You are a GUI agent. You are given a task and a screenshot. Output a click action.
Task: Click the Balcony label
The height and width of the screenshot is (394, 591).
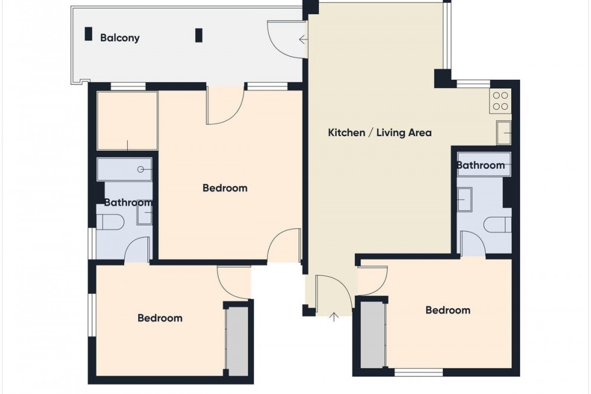(120, 38)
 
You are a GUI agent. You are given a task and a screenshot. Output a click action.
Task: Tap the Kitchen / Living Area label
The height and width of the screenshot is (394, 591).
(379, 133)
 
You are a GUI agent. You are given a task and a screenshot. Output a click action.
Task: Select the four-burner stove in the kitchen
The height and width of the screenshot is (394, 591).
(500, 101)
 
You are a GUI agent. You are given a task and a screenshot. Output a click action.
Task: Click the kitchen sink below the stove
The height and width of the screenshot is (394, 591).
(504, 133)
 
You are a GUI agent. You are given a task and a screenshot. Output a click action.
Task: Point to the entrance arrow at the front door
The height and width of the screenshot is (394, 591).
(334, 317)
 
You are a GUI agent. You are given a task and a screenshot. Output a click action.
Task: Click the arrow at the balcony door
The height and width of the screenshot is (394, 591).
(303, 39)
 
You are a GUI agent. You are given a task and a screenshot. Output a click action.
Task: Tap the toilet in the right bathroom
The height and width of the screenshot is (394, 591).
(497, 225)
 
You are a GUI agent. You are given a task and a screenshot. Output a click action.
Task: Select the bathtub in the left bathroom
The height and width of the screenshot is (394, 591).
(124, 169)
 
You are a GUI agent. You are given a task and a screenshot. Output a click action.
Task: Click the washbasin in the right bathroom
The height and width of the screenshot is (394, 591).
(465, 199)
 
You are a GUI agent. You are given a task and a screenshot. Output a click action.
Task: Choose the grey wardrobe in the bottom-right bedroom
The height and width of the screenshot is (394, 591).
(373, 334)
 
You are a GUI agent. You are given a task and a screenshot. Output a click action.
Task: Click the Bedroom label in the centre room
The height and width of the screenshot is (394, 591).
(225, 188)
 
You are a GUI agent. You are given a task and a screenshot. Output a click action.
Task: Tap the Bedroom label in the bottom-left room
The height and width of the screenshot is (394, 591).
(160, 318)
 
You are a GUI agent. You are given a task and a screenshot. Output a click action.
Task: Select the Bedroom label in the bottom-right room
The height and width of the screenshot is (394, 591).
(448, 310)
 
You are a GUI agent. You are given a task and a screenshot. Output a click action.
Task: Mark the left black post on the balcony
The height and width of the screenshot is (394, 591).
(88, 34)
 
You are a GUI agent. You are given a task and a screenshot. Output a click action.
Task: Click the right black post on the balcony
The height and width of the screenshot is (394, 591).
(199, 35)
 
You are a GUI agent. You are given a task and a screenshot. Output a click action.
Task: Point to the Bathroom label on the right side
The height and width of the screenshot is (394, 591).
(480, 165)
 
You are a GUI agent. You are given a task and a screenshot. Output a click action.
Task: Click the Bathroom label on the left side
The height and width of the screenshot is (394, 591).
(128, 203)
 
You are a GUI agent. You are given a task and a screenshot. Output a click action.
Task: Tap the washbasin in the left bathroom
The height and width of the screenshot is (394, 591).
(144, 216)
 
